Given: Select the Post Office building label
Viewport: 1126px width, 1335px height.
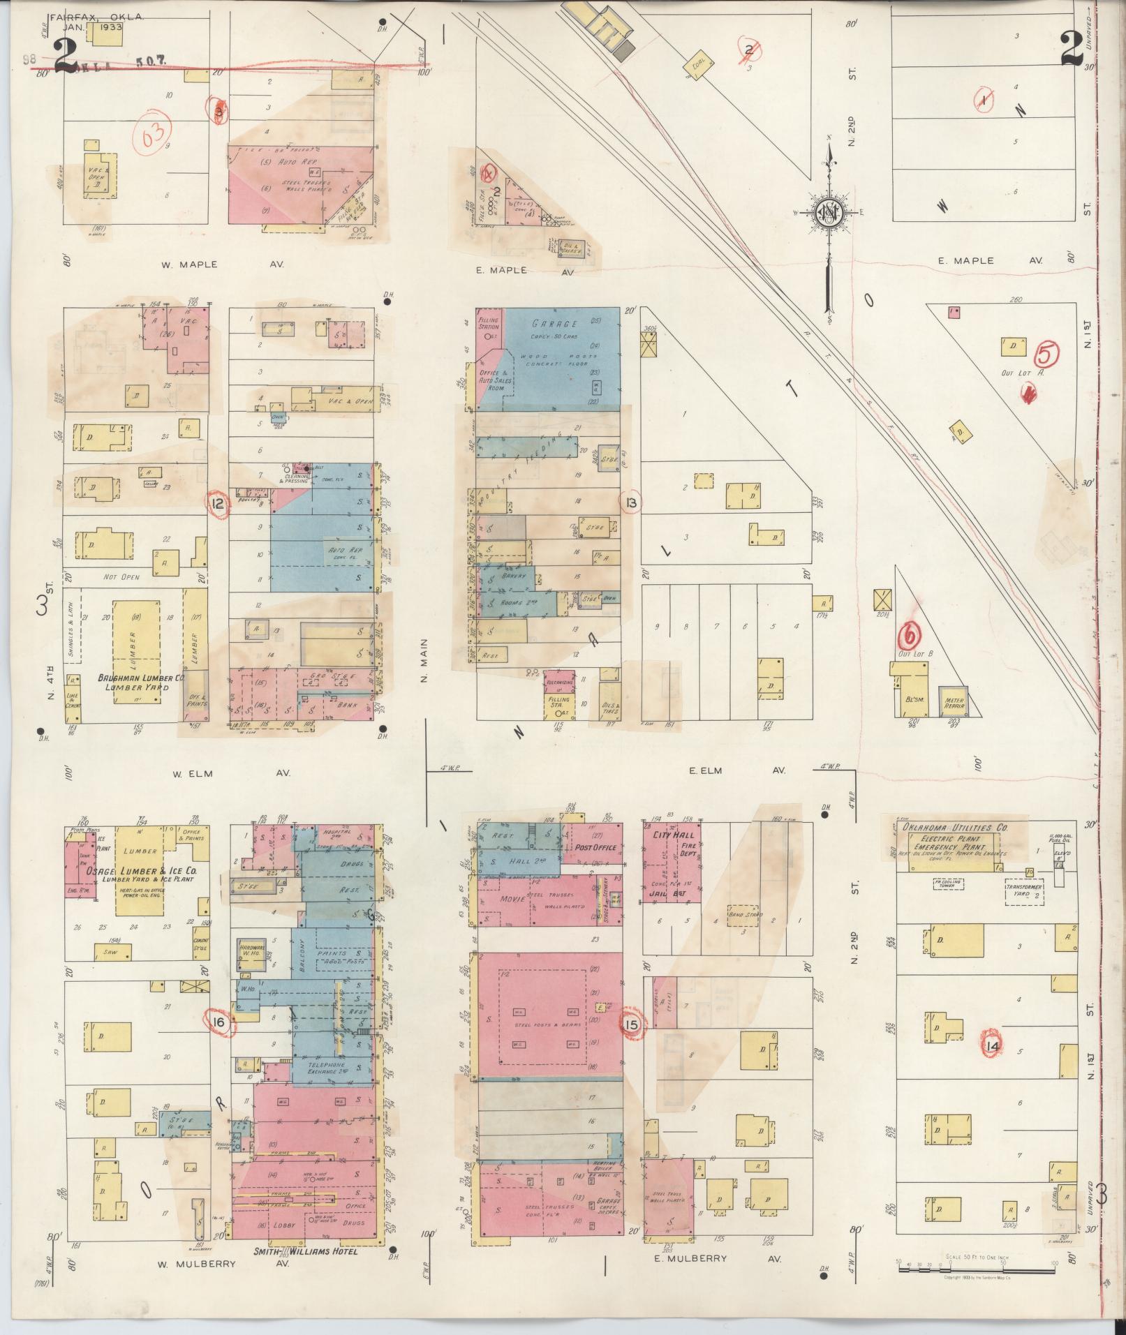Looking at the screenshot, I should (595, 847).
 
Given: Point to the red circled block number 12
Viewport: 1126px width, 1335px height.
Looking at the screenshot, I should (218, 504).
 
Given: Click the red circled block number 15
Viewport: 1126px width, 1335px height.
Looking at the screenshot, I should (632, 1025).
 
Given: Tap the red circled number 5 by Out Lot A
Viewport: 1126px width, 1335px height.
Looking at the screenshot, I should (1045, 355).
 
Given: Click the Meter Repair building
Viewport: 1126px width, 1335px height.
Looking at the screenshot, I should (954, 701).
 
